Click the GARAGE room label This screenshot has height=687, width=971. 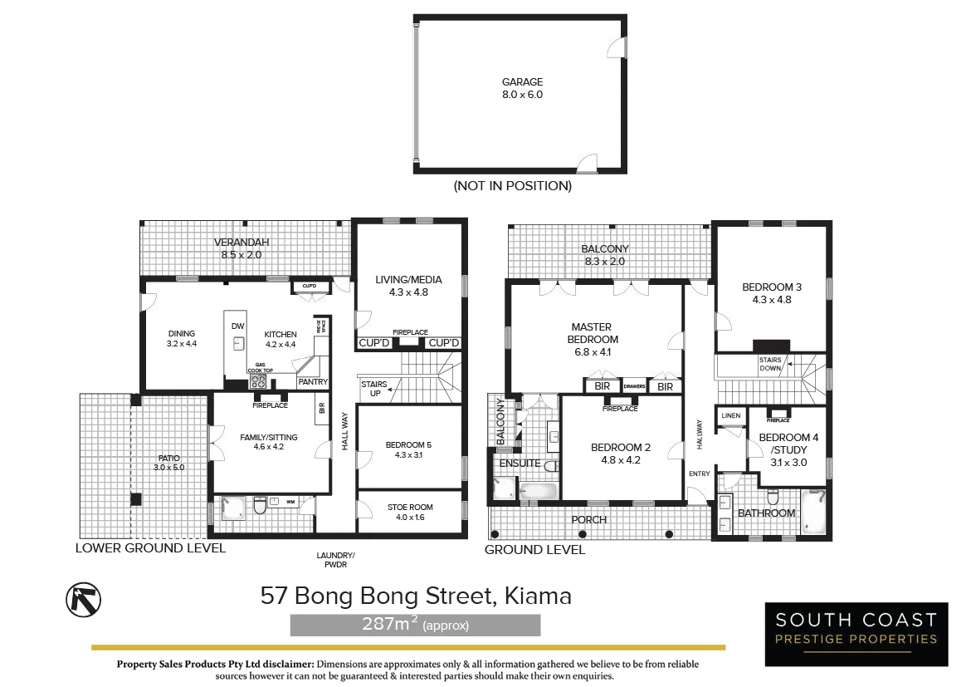point(522,82)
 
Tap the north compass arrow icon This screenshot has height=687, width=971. point(84,600)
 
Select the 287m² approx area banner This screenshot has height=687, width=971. point(415,625)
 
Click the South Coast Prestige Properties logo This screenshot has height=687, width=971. point(856,635)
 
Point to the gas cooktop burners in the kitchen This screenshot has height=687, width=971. point(258,381)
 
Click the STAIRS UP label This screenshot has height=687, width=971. point(374,389)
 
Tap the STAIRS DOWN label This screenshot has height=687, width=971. point(770,364)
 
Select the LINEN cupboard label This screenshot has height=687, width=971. point(730,415)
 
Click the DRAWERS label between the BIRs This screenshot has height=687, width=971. point(634,386)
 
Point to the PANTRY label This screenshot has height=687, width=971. point(313,382)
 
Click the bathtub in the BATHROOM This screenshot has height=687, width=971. point(813,512)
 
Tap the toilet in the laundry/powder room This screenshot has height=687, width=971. point(260,505)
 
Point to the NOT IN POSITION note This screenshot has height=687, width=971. point(513,185)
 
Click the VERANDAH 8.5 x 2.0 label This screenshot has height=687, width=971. point(242,248)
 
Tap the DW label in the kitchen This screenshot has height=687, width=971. point(238,326)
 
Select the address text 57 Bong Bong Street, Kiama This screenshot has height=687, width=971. point(416,596)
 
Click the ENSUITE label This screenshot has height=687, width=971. point(520,464)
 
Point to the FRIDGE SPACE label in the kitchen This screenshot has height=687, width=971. point(321,326)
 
